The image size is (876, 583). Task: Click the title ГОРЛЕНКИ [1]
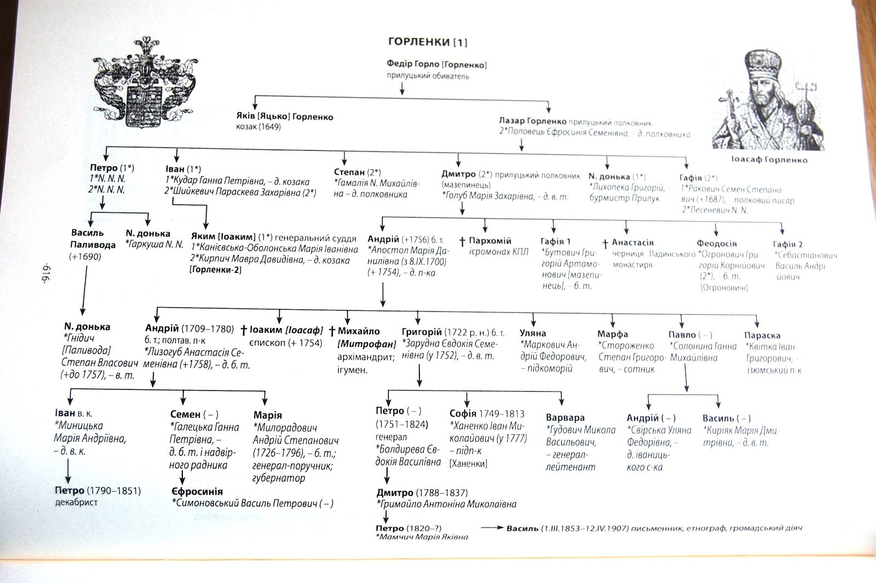(428, 42)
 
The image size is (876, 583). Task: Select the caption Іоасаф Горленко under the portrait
(768, 161)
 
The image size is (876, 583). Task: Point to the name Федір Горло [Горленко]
(436, 65)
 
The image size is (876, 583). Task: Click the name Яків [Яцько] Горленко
(282, 117)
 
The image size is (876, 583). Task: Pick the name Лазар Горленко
(532, 122)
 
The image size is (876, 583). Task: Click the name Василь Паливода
(93, 239)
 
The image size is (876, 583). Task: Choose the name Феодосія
(717, 243)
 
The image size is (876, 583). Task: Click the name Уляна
(533, 333)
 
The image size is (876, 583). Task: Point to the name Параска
(762, 335)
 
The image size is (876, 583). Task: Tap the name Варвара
(565, 418)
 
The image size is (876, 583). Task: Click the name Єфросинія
(197, 491)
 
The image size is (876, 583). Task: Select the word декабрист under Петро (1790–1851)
(76, 502)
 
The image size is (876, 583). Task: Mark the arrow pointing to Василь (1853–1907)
(492, 529)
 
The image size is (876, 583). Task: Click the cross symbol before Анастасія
(605, 243)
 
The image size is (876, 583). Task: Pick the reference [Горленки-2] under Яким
(216, 270)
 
